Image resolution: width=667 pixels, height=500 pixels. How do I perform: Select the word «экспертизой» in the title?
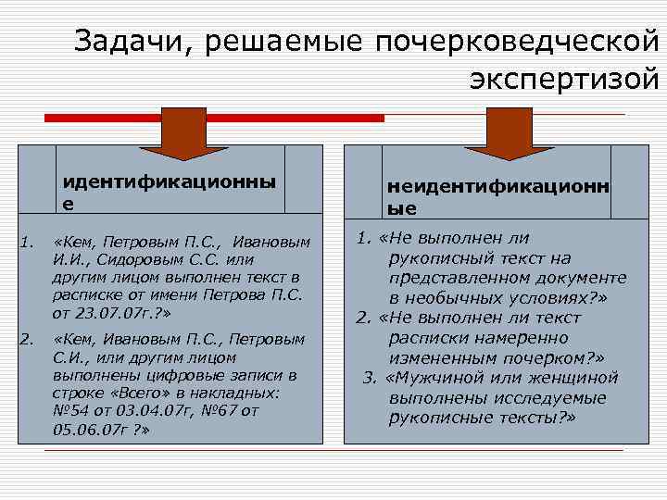[x=565, y=81]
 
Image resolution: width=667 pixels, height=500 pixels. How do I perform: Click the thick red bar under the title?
[x=213, y=119]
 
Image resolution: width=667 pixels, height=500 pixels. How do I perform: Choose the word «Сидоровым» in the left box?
[x=129, y=260]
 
